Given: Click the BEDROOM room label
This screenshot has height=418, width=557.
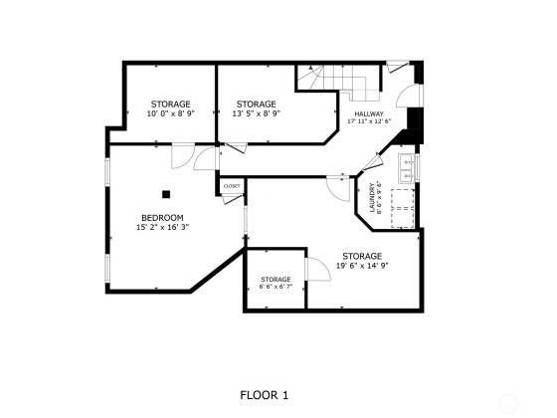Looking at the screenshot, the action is point(162,218).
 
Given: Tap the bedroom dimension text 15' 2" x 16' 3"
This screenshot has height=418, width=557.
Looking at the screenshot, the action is point(162,227).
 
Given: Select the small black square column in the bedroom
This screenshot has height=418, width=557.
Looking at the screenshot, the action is point(166,194).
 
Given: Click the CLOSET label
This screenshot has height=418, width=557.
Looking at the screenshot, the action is point(232,186).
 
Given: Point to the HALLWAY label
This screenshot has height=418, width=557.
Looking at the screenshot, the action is point(369,114).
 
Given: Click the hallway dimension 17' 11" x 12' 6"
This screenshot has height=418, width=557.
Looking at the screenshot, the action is point(369,120).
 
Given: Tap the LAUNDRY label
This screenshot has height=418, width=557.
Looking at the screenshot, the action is point(372,198).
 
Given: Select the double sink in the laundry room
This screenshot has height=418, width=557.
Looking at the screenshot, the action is point(406,168).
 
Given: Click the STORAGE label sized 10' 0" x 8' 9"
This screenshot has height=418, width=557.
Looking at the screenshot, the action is point(170,104).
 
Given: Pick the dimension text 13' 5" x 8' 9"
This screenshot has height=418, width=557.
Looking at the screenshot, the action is point(257,113).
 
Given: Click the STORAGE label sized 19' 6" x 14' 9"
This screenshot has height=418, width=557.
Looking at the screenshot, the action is point(362,256).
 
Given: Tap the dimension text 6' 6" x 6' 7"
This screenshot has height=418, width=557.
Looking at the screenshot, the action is point(276,287).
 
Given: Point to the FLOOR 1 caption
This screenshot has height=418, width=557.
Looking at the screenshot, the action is point(265,395).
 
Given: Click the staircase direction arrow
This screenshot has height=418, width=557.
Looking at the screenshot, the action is point(310,67).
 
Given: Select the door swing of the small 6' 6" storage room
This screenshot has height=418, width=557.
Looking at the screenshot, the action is point(318,269).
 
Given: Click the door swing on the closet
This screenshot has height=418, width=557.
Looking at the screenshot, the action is point(233,199).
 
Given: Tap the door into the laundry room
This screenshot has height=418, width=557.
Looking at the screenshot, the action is point(373,161).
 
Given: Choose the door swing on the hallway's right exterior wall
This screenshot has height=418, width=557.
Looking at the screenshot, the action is point(409,96).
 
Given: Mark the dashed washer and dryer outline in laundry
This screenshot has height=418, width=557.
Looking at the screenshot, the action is point(403,208).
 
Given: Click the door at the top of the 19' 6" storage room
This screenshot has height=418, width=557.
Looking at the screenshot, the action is point(338,189).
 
